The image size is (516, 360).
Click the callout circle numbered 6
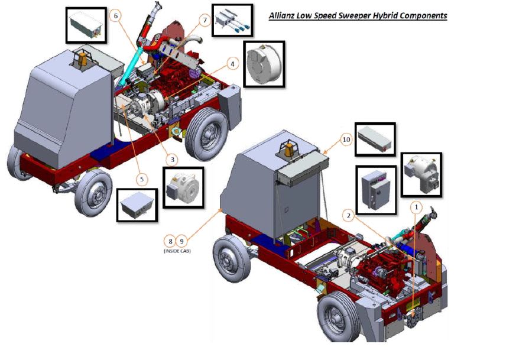[115, 16]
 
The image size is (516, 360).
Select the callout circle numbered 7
[205, 21]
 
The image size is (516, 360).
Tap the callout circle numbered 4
[233, 64]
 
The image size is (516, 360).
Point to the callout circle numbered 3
[172, 160]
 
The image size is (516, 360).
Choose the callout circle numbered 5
[142, 179]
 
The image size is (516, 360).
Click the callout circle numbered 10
[346, 140]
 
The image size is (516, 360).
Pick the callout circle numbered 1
[416, 207]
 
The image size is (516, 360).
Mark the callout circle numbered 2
[349, 216]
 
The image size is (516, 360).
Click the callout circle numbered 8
[170, 242]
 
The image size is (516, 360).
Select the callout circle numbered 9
[181, 242]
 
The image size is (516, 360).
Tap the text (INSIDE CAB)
[177, 251]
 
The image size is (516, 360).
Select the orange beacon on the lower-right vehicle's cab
[290, 149]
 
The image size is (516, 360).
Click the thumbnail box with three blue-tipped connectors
[232, 20]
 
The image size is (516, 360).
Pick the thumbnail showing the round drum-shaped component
[264, 64]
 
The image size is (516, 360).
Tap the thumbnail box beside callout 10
[375, 139]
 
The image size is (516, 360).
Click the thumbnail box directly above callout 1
[421, 175]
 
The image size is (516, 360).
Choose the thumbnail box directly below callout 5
[137, 205]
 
